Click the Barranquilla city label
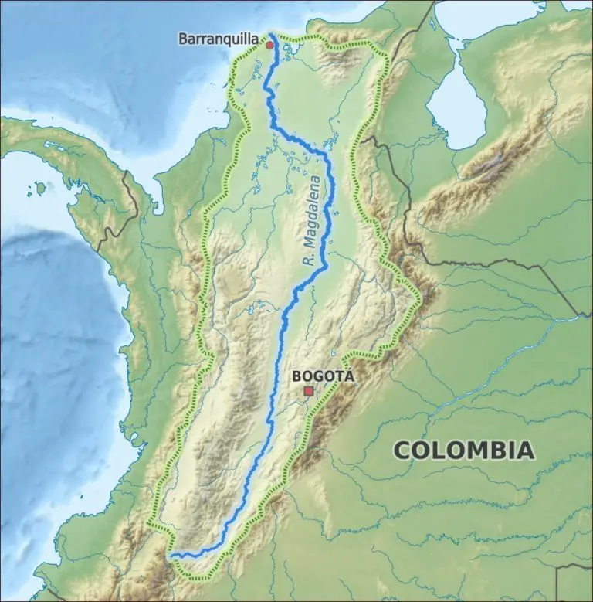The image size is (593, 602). coord(218,37)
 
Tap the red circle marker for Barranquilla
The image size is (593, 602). coord(269,46)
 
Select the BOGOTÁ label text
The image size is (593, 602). coord(323,376)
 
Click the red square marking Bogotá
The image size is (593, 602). coord(309,392)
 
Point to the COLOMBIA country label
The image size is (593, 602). coord(463,449)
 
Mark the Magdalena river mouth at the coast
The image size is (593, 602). coord(272,35)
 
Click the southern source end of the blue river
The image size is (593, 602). coord(171,554)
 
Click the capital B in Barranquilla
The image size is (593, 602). coord(183,37)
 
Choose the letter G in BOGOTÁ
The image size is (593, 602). coord(317,376)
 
